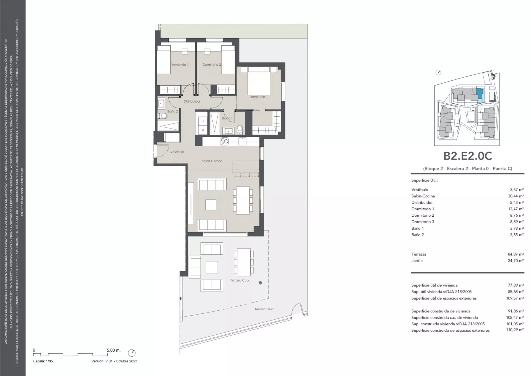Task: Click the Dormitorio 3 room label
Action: pos(179,65)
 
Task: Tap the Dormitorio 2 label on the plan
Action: pos(212,65)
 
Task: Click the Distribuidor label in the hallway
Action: pos(192,101)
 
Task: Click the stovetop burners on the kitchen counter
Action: pos(224,142)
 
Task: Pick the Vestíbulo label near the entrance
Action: pos(177,152)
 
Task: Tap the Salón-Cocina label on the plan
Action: pos(212,161)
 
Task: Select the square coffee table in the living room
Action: pos(211,205)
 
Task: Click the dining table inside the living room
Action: pos(243,200)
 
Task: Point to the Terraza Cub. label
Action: pos(240,280)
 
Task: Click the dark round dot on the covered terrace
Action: pos(260,283)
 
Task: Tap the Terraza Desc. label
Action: pos(265,309)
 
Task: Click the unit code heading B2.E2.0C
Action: pos(468,156)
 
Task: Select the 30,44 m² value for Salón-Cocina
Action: pos(516,196)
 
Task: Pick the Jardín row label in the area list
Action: pos(417,261)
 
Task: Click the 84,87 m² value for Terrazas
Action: pos(516,254)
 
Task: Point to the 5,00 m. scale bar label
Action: pos(114,350)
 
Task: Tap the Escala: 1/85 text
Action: pos(43,361)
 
